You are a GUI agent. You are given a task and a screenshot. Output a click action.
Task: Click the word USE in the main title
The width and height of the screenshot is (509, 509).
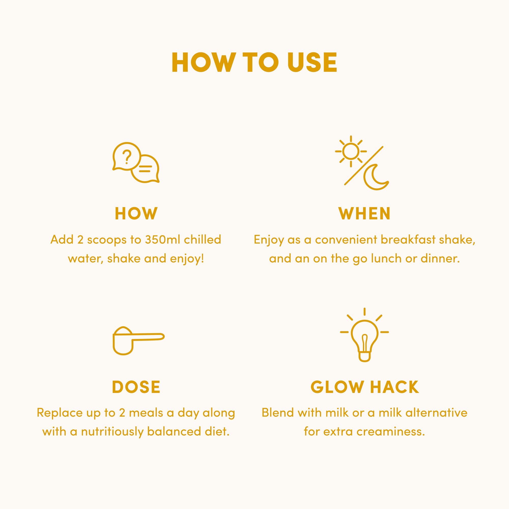(x=312, y=62)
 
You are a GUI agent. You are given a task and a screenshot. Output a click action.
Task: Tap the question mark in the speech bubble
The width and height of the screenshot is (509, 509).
(x=127, y=157)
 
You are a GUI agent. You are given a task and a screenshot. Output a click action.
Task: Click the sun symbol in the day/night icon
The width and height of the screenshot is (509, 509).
(x=351, y=151)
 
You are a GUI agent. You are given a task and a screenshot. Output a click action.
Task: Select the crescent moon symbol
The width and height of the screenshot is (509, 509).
(x=376, y=177)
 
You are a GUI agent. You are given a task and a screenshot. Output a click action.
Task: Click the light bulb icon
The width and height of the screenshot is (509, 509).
(x=365, y=335)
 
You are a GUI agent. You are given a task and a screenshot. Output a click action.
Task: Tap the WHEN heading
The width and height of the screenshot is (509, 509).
(x=364, y=214)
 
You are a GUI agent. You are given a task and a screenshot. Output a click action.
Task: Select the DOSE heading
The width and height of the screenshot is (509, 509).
(x=136, y=387)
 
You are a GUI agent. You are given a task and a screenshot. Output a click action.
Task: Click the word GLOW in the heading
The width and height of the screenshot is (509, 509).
(x=337, y=387)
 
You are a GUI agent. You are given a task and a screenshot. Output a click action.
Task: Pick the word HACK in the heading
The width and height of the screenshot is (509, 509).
(x=394, y=387)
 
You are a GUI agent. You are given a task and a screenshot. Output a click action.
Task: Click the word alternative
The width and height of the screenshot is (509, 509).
(x=436, y=413)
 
